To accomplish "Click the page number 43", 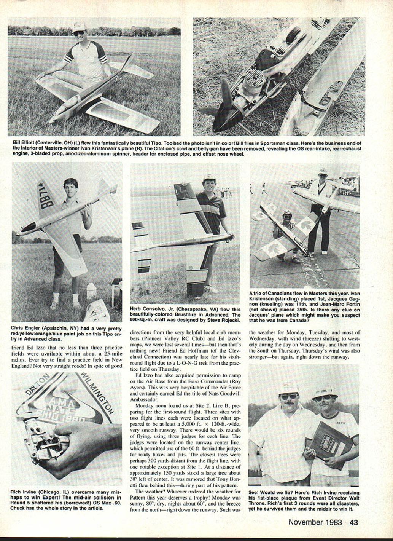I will click(354, 522).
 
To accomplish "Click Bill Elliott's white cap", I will click(80, 26).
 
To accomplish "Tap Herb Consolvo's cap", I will click(209, 178).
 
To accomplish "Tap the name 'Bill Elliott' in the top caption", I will click(25, 143).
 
